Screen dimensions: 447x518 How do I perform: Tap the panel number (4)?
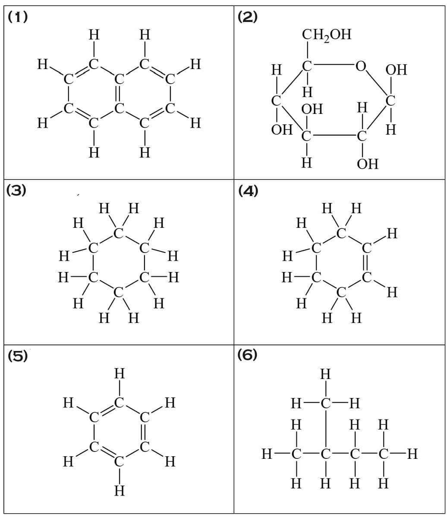(248, 191)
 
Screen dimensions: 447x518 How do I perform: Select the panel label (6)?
(247, 355)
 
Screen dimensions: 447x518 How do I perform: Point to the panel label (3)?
(16, 190)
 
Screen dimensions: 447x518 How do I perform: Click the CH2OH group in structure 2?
(327, 35)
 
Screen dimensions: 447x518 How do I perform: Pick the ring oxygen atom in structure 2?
(361, 66)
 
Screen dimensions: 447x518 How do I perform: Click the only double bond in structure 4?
(366, 263)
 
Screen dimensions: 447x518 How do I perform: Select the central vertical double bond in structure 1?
(119, 94)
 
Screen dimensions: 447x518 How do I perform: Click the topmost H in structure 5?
(120, 373)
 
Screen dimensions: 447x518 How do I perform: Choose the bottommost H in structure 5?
(120, 491)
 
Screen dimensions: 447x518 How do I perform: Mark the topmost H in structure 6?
(325, 374)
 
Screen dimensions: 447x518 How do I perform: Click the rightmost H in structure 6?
(412, 454)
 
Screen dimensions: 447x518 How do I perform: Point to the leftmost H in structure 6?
(267, 454)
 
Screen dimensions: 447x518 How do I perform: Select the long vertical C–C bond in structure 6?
(326, 429)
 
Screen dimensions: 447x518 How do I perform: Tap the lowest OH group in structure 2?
(368, 164)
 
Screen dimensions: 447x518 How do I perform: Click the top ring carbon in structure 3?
(118, 233)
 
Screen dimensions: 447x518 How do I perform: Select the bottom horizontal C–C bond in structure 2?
(334, 136)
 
